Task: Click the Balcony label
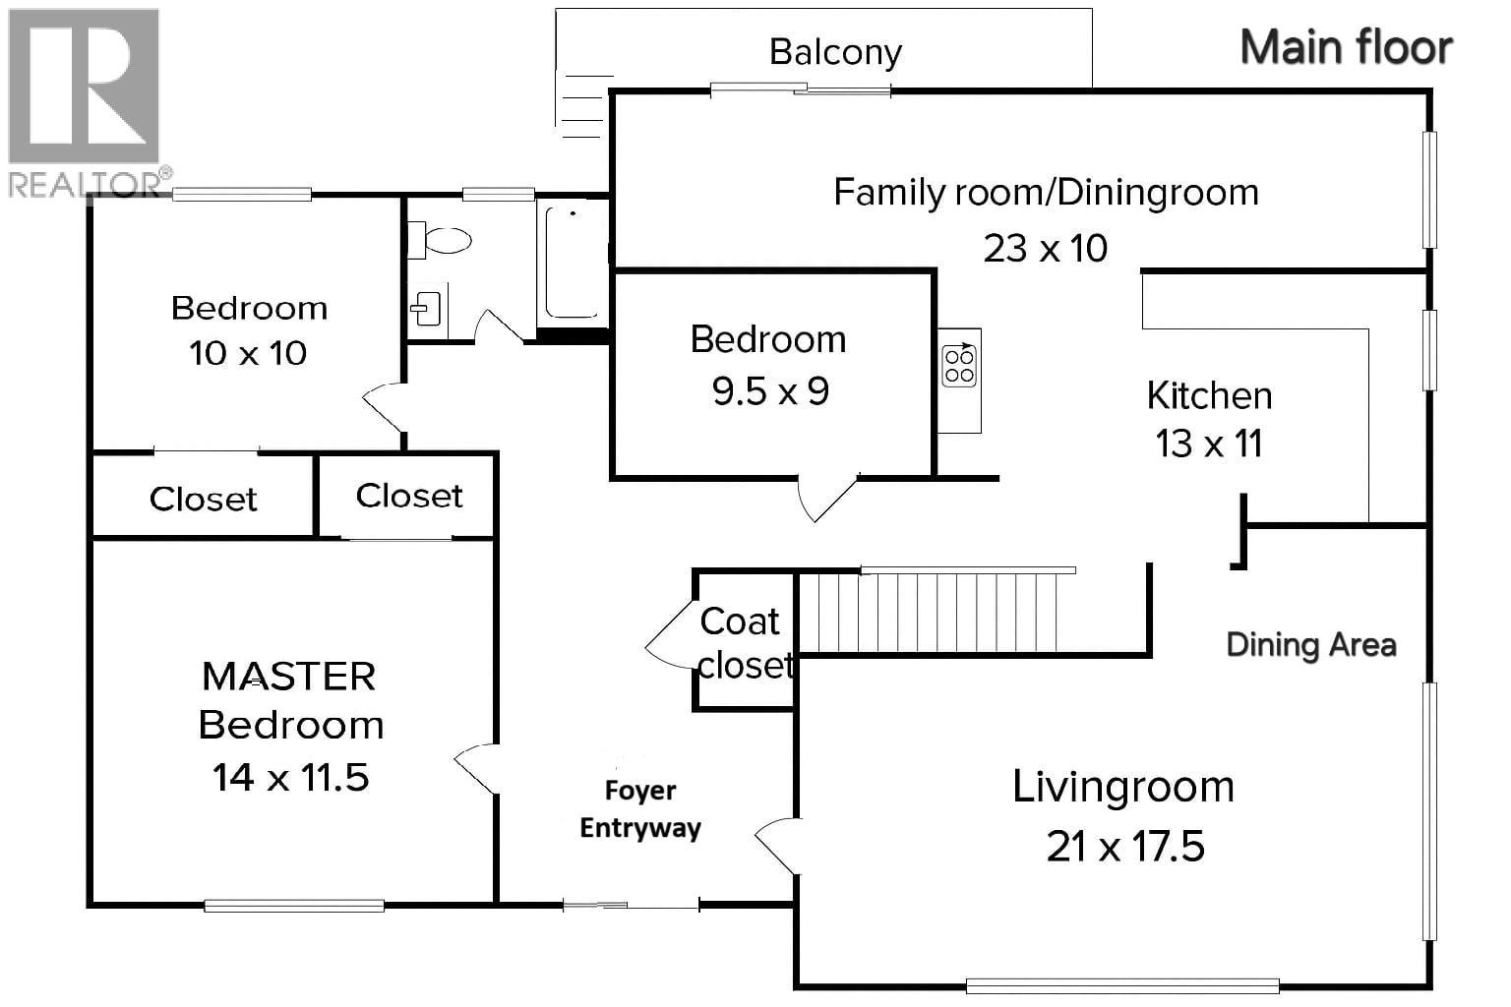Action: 835,52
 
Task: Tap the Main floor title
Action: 1345,47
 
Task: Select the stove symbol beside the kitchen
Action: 958,367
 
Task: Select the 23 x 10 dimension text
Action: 1045,248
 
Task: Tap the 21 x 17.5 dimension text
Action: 1124,846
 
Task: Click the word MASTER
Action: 288,677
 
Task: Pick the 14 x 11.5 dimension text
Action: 290,777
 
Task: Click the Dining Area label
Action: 1310,645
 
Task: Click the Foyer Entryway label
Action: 639,809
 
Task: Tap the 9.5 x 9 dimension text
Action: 770,391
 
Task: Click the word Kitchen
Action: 1209,395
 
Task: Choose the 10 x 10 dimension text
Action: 248,352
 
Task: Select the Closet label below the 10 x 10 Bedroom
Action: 203,499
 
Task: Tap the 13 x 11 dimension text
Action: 1209,444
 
